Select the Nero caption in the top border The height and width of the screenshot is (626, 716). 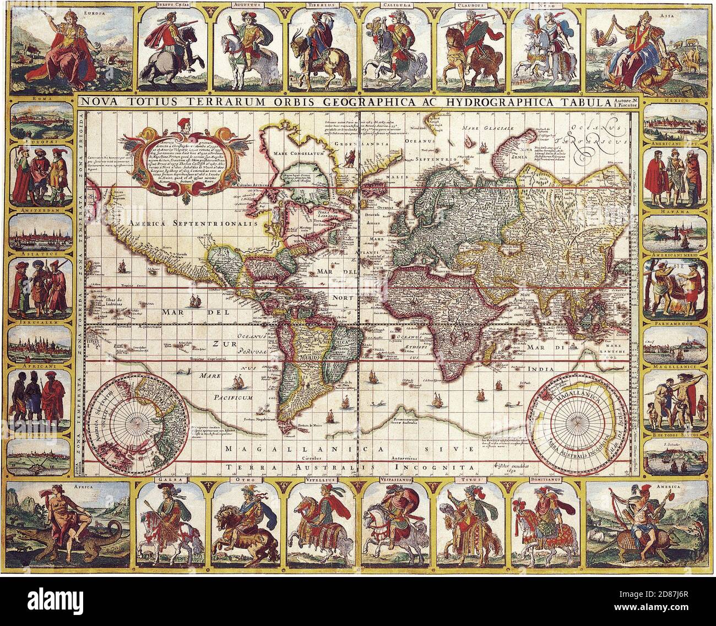(x=545, y=7)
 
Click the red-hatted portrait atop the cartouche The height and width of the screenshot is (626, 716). (x=183, y=123)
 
